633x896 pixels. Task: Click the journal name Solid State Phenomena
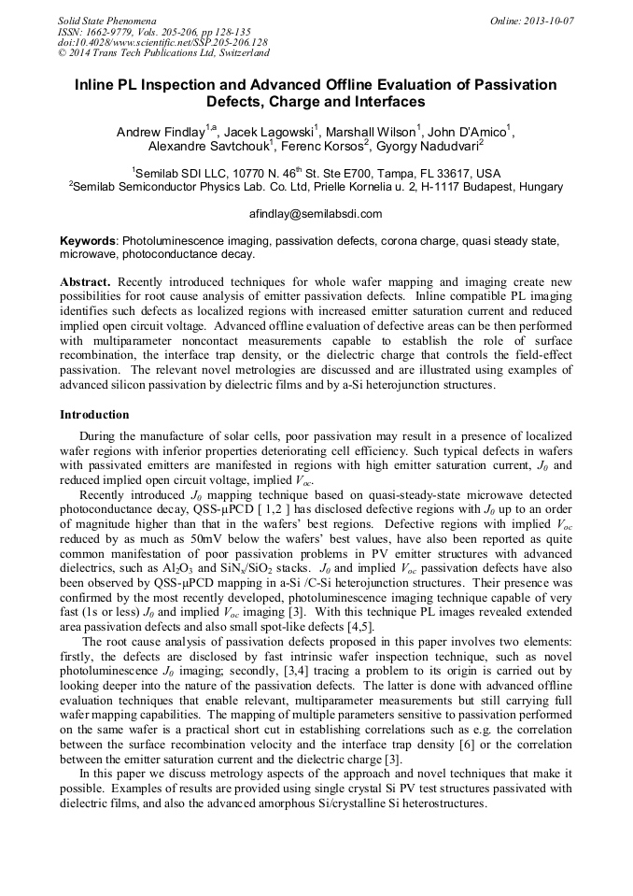105,20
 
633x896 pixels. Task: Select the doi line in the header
162,42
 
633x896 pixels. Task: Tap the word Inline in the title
97,85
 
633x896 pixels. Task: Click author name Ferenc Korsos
319,147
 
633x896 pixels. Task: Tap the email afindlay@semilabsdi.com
316,214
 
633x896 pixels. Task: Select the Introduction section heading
94,415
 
